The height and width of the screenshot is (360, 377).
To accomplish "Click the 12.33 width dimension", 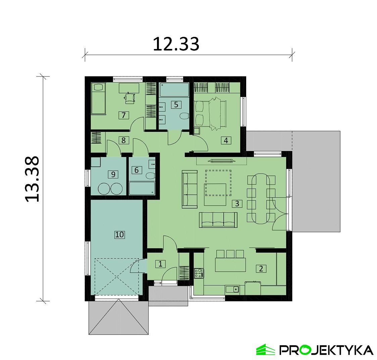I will point(176,44).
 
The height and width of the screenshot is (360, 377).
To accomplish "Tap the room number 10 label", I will point(119,235).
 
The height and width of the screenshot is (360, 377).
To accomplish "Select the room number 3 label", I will point(237,203).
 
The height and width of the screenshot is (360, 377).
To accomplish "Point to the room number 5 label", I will point(176,104).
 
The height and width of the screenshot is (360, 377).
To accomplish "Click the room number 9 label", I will point(113,174).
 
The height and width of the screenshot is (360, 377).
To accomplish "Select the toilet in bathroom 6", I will point(150,175).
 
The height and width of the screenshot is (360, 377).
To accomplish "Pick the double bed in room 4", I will point(211,112).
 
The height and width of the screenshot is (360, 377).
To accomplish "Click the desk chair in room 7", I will point(130,97).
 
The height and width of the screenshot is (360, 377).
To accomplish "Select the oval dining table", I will point(261,198).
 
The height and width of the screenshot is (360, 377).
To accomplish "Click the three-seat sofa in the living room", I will point(218,220).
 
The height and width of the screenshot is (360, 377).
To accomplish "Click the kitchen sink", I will point(232,289).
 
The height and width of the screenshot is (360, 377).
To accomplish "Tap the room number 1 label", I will point(160,264).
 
